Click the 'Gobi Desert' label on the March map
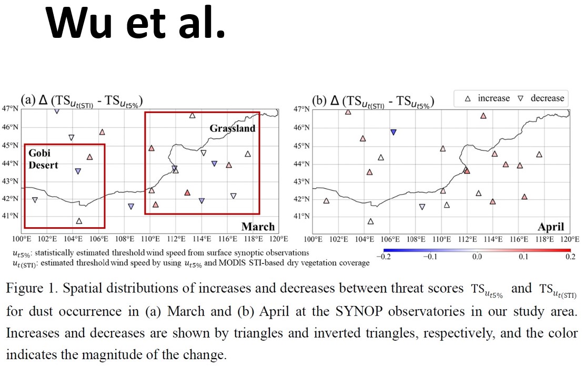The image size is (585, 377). tap(43, 159)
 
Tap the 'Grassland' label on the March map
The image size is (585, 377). tap(233, 128)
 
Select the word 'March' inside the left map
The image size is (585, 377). tap(258, 227)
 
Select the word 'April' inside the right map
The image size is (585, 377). tap(551, 227)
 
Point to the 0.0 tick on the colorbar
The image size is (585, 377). tap(477, 257)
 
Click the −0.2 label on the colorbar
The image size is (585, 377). tap(384, 257)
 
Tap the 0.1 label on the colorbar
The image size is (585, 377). tap(523, 257)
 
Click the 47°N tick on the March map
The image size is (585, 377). tap(10, 108)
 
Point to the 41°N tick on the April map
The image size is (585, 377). tap(301, 216)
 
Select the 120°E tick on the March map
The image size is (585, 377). tap(279, 239)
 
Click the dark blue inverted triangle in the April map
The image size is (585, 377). tap(393, 132)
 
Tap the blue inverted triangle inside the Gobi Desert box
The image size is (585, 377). tap(78, 171)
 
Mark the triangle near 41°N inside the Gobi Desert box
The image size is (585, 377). tap(79, 221)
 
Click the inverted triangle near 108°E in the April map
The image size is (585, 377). tap(422, 207)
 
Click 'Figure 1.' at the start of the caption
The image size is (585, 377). tap(32, 289)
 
